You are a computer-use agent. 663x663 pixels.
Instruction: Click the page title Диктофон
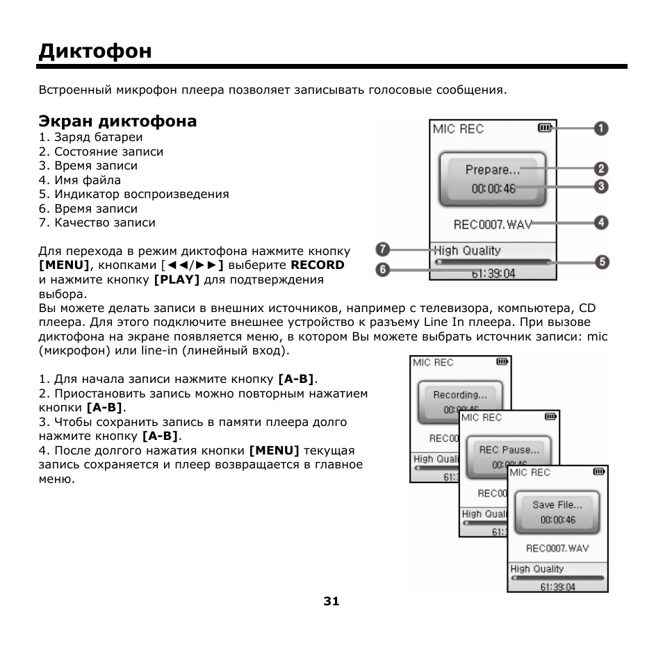pyautogui.click(x=95, y=51)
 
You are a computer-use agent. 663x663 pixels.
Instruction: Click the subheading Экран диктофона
pyautogui.click(x=117, y=122)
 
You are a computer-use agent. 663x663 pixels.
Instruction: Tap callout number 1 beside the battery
pyautogui.click(x=601, y=128)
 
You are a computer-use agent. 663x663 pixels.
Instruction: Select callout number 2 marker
pyautogui.click(x=601, y=169)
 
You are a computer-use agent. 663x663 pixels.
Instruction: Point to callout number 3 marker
pyautogui.click(x=601, y=186)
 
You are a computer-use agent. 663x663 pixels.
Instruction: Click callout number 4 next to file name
pyautogui.click(x=601, y=223)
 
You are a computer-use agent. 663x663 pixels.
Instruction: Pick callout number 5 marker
pyautogui.click(x=601, y=262)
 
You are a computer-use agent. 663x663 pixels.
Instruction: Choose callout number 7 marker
pyautogui.click(x=382, y=249)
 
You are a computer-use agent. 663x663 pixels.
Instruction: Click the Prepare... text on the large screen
pyautogui.click(x=493, y=170)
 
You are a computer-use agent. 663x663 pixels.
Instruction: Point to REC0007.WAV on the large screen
pyautogui.click(x=493, y=224)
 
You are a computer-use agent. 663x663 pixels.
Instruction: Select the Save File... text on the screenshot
pyautogui.click(x=557, y=505)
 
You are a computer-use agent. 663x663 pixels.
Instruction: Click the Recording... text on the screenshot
pyautogui.click(x=459, y=395)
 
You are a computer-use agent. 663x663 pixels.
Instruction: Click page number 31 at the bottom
pyautogui.click(x=331, y=602)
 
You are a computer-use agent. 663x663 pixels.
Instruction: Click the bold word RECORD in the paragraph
pyautogui.click(x=318, y=265)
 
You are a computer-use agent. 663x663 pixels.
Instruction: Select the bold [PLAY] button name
pyautogui.click(x=177, y=280)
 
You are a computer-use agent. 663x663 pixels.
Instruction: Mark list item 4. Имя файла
pyautogui.click(x=80, y=180)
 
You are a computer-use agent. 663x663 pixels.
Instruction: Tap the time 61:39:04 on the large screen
pyautogui.click(x=493, y=274)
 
